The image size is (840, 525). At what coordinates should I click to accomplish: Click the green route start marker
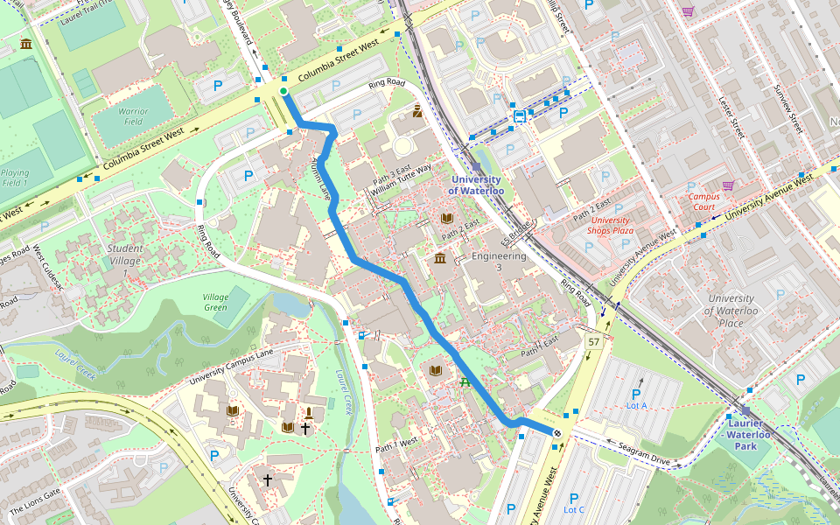[283, 92]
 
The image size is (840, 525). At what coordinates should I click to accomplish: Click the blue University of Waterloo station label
[477, 185]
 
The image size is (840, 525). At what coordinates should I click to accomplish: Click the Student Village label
[125, 254]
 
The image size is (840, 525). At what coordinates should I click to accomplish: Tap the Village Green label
[215, 302]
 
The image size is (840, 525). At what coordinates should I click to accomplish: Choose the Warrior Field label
[133, 116]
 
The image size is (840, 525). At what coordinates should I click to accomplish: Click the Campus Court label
[703, 202]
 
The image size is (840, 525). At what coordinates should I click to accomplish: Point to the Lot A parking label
[636, 405]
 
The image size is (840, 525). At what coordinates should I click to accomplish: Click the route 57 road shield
[594, 341]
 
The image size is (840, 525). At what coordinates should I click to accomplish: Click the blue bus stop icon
[520, 115]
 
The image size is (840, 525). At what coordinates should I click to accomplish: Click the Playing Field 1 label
[15, 178]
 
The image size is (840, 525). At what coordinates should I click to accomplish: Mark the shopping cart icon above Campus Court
[728, 185]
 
